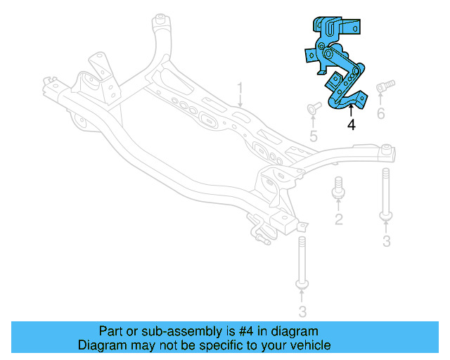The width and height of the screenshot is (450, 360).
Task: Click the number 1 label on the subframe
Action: tap(239, 89)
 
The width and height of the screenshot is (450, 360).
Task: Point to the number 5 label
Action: tap(314, 136)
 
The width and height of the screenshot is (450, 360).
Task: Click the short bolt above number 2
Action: tap(337, 187)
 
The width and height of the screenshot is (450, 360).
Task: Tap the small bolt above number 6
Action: tap(383, 86)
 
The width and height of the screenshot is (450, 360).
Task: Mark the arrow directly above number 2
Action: tap(338, 206)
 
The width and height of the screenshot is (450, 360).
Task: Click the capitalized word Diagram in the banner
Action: tap(101, 345)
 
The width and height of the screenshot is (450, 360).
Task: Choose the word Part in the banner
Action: tap(110, 331)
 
